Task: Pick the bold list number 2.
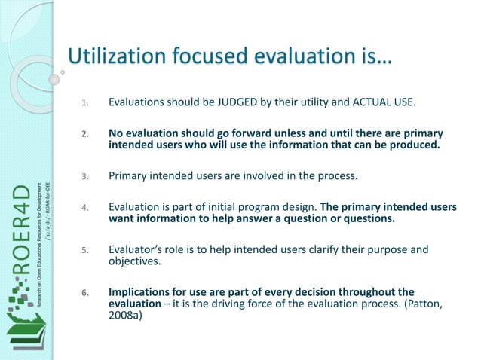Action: pos(84,136)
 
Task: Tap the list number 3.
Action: pos(84,178)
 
